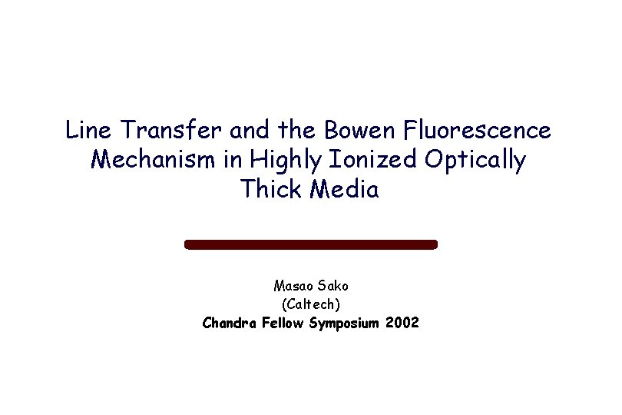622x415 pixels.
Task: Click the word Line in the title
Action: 86,131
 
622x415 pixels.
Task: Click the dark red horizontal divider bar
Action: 310,244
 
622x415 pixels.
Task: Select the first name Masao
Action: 291,286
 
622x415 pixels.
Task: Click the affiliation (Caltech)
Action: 310,304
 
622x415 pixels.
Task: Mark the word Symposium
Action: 345,323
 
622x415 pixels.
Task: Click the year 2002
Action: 403,323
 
